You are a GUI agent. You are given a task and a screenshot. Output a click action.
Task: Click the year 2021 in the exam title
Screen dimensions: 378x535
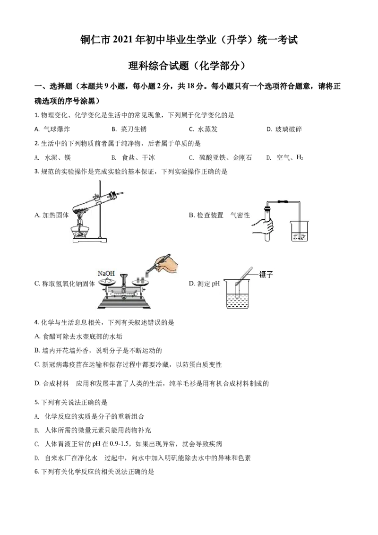click(123, 40)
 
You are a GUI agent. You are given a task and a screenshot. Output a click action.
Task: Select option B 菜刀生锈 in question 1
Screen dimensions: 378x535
click(129, 129)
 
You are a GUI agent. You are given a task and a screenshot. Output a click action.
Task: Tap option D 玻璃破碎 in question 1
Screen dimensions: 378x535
click(284, 129)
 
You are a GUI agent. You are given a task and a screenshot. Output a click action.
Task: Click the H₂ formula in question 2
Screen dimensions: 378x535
click(300, 157)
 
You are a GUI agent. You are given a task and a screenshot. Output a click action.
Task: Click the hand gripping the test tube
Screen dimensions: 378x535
click(263, 226)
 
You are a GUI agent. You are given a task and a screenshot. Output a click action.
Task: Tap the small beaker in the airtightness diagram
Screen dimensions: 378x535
click(300, 231)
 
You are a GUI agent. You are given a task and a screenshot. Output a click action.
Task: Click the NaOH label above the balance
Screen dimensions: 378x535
click(106, 273)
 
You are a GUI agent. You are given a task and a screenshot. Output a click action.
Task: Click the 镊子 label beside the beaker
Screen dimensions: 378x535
click(266, 274)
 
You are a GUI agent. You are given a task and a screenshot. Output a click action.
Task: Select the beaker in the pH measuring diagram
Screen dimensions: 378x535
click(238, 294)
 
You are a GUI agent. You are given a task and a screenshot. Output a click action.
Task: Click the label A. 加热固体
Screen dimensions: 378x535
click(52, 215)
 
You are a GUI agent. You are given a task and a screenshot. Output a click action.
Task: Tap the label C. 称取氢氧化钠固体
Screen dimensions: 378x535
click(64, 284)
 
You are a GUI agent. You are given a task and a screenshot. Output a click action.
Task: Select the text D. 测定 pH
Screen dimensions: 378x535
click(204, 284)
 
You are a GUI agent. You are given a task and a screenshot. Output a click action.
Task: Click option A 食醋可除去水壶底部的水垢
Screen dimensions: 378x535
click(78, 337)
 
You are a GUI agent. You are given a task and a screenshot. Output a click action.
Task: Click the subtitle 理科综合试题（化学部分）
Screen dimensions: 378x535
click(187, 66)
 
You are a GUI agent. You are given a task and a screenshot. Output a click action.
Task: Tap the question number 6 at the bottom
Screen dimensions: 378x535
click(36, 472)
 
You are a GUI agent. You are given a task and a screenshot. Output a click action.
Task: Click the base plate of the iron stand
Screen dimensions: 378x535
click(89, 240)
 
